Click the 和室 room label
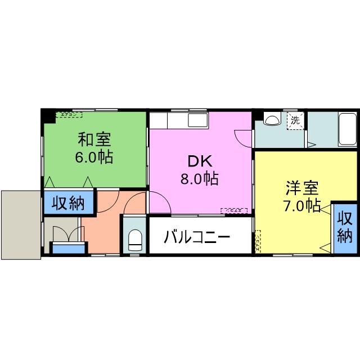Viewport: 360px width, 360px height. click(x=94, y=138)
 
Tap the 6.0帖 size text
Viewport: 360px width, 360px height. click(x=94, y=156)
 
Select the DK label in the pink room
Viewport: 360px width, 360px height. click(x=200, y=161)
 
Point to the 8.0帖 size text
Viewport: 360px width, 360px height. click(x=200, y=179)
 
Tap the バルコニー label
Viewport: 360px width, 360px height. click(x=197, y=237)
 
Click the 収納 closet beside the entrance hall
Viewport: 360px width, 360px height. click(x=69, y=202)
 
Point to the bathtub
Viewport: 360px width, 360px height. click(x=347, y=129)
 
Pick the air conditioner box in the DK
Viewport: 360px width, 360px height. click(x=235, y=211)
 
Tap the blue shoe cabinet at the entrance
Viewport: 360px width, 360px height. click(x=69, y=247)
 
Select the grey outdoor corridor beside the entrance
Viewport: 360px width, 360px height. click(x=20, y=224)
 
